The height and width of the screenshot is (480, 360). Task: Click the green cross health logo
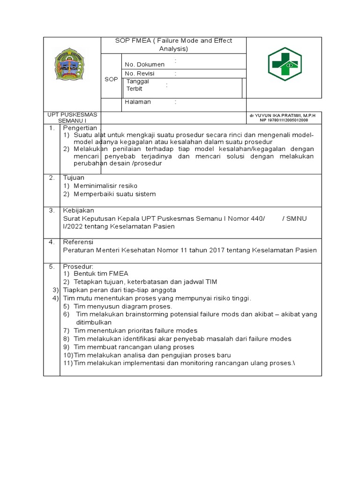tap(285, 64)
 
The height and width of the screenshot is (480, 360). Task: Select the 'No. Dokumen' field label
tap(144, 64)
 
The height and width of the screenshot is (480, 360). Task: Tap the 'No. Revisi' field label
tap(139, 74)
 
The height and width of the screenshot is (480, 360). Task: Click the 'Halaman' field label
tap(138, 102)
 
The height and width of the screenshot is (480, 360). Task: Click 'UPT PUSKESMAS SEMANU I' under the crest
tap(72, 118)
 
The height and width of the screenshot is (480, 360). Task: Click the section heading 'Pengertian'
tap(80, 128)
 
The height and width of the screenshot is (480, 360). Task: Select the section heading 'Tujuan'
tap(74, 178)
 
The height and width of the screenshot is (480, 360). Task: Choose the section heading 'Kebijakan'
tap(78, 210)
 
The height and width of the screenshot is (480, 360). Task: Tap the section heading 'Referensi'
tap(78, 242)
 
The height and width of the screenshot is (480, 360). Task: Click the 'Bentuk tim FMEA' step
tap(101, 273)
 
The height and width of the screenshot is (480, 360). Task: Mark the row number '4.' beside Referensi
tap(52, 242)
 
